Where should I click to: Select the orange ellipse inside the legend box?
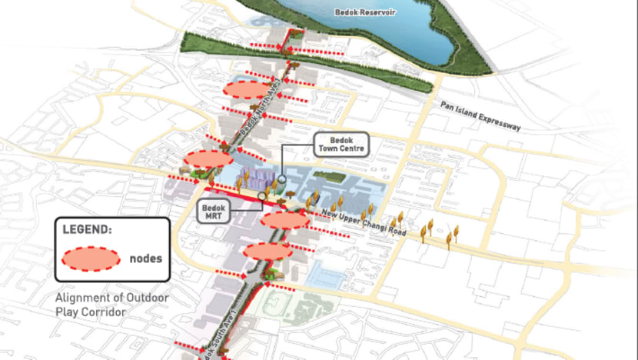[x=90, y=259]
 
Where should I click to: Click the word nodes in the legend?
[x=146, y=259]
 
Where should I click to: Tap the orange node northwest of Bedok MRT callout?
[x=208, y=158]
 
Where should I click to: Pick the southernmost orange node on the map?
[x=267, y=251]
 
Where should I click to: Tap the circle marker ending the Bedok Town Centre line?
[x=282, y=179]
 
